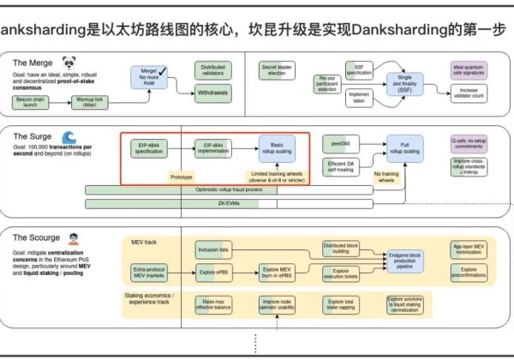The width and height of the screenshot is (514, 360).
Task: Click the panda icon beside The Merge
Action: click(70, 63)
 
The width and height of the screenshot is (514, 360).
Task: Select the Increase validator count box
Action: click(471, 92)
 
